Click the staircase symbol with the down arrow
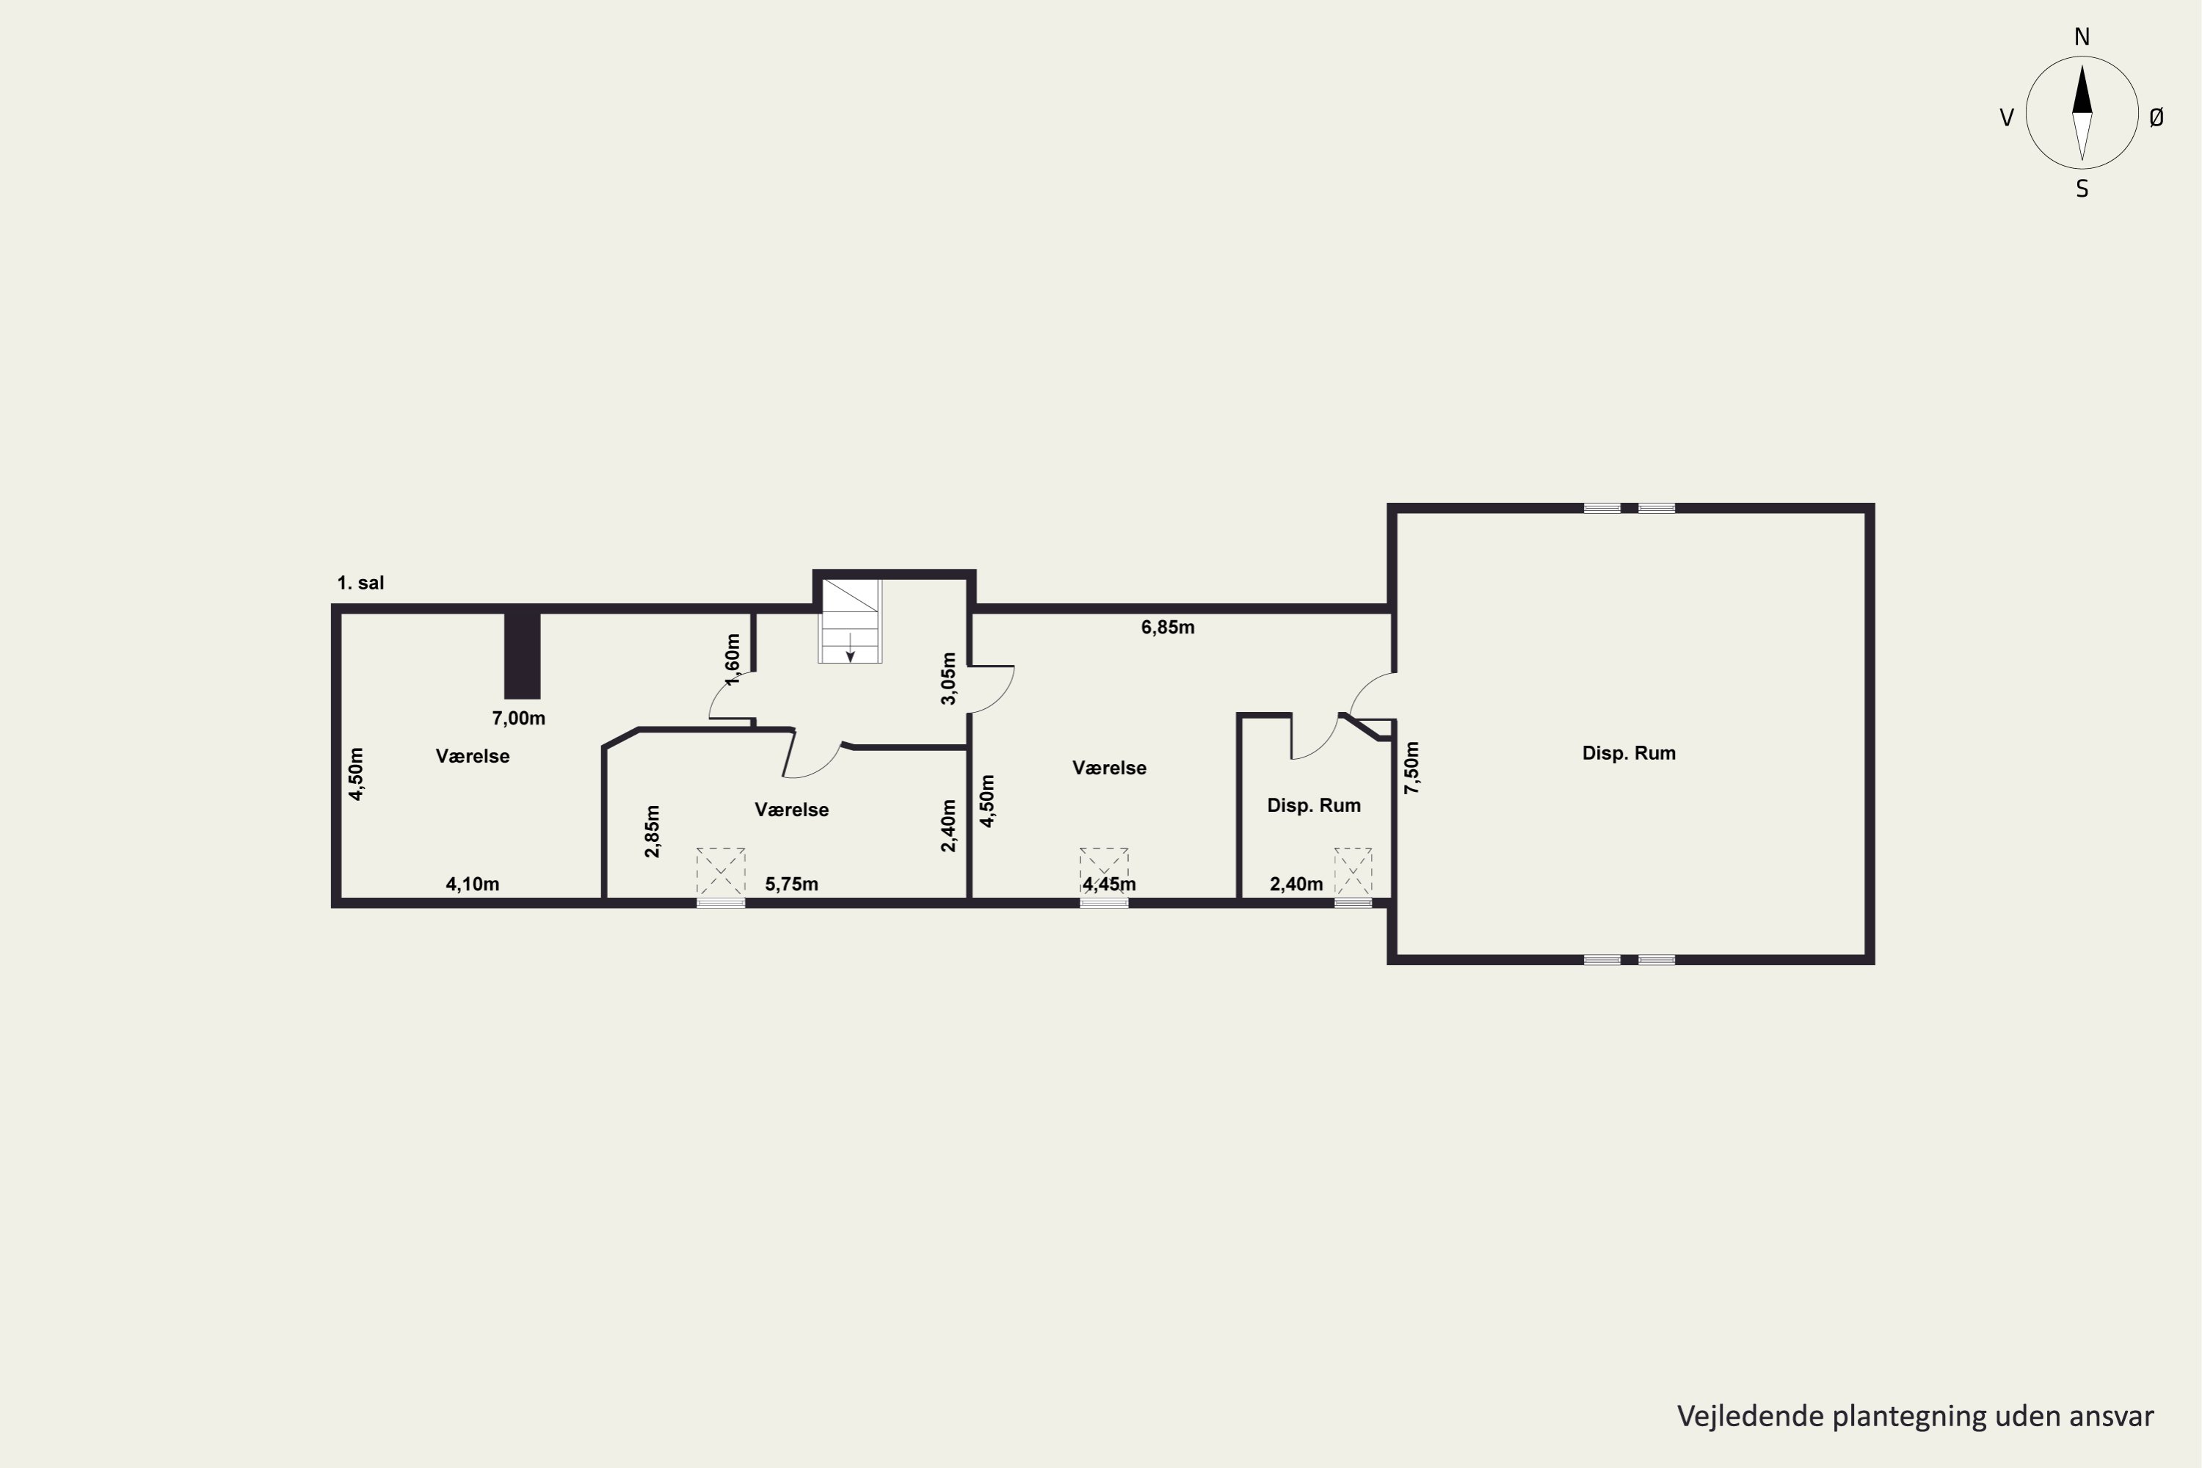point(850,621)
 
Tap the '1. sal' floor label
point(360,584)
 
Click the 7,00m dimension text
point(519,719)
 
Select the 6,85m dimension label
point(1168,628)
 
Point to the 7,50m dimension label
point(1411,768)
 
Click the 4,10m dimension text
point(473,884)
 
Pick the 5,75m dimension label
point(792,884)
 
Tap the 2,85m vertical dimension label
point(653,832)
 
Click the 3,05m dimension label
point(948,679)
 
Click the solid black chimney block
point(523,656)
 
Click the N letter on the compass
point(2082,37)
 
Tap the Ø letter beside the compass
point(2156,117)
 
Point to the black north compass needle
point(2082,90)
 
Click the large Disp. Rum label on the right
point(1629,753)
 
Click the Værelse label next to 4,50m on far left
point(473,757)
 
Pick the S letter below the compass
point(2082,189)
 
